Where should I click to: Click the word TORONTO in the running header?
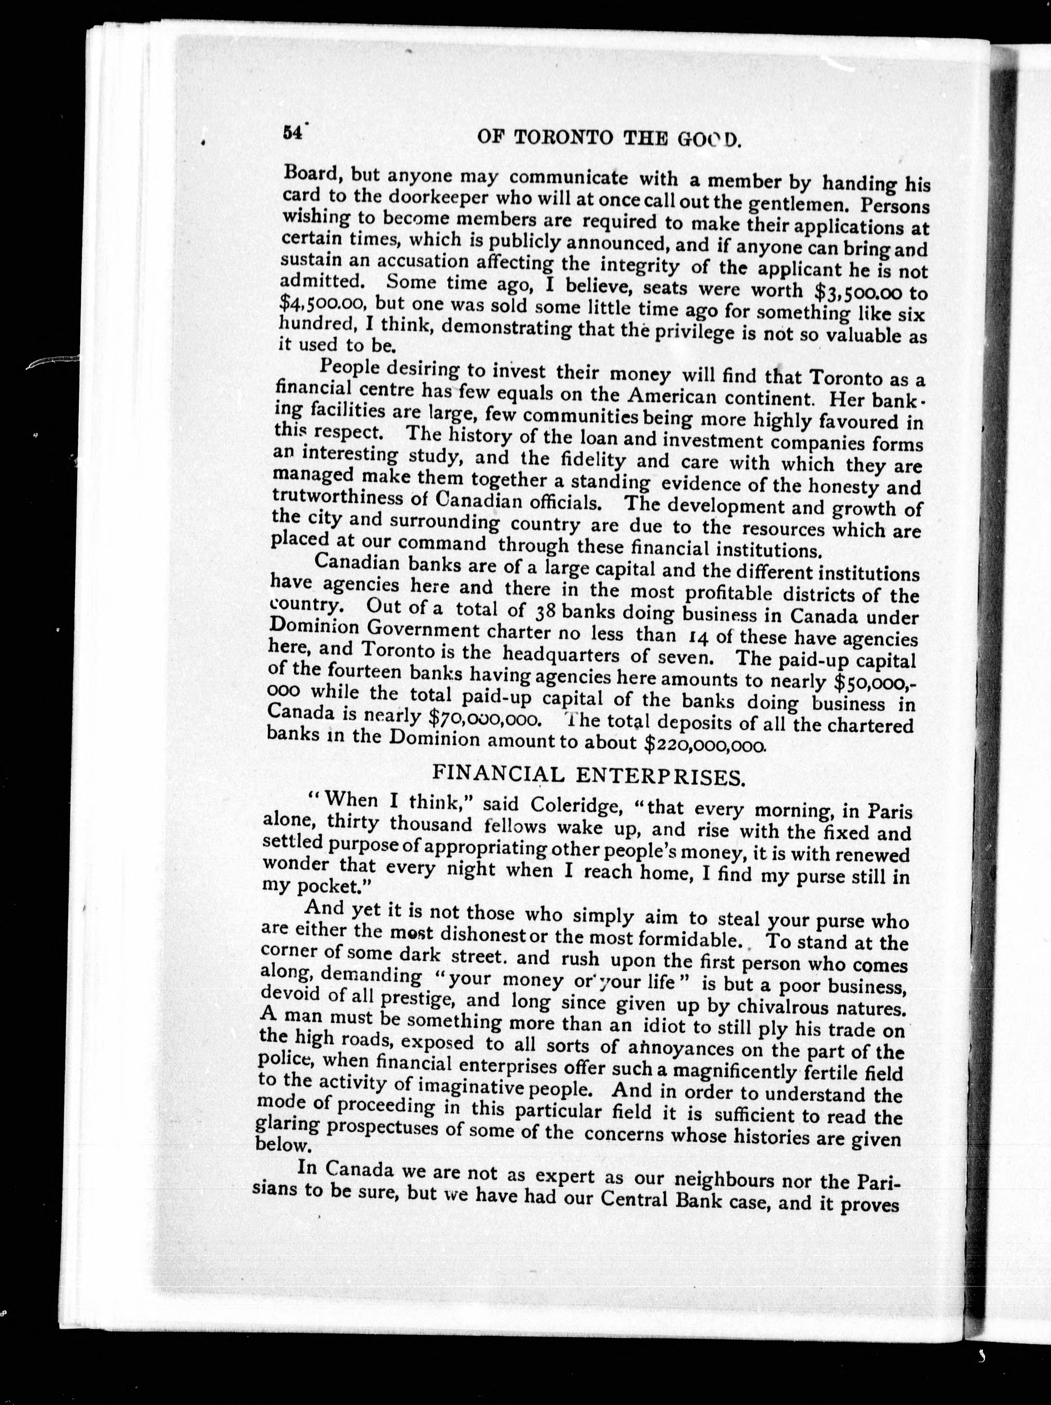563,138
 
